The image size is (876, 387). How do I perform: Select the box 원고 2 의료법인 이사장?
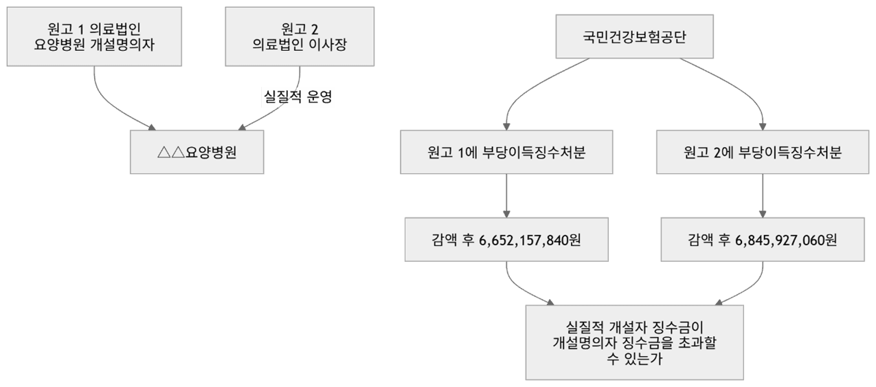pos(300,36)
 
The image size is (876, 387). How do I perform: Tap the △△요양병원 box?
pos(196,152)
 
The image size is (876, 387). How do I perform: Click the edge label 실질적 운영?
pos(298,97)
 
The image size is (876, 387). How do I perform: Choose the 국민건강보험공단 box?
pos(634,36)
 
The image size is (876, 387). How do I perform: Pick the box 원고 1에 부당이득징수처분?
pos(506,152)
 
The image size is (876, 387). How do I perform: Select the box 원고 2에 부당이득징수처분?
pos(763,152)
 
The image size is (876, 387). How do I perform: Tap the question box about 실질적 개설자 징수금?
pos(634,342)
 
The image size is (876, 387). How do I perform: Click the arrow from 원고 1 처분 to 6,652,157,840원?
pos(506,195)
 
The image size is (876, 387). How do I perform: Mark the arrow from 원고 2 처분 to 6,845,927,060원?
pos(763,195)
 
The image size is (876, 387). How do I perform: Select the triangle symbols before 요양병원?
pos(170,152)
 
